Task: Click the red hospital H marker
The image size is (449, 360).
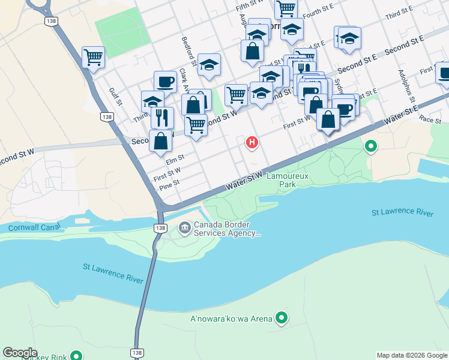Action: (x=252, y=143)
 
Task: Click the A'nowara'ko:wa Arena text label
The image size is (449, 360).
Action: (x=231, y=319)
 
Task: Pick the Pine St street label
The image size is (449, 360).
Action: (x=170, y=187)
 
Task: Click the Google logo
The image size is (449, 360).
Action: (x=20, y=353)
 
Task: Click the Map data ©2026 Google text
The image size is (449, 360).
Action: (x=412, y=355)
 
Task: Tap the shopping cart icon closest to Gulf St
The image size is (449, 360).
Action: (x=93, y=58)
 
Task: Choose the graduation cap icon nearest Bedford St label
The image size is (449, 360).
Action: (x=208, y=65)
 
